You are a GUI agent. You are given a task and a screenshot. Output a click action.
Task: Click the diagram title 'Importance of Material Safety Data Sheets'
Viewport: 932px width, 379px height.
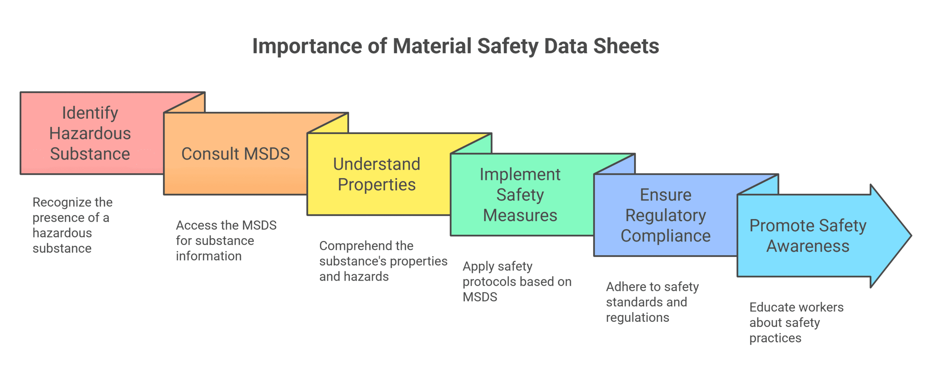click(455, 46)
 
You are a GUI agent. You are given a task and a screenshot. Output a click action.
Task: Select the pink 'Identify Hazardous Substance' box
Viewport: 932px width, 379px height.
click(90, 133)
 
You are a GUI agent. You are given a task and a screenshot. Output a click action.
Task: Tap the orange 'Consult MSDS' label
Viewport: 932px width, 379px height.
click(236, 154)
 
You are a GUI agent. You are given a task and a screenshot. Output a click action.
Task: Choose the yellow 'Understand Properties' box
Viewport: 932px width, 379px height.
click(376, 174)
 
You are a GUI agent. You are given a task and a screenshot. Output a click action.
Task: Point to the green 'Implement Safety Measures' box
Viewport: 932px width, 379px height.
click(520, 195)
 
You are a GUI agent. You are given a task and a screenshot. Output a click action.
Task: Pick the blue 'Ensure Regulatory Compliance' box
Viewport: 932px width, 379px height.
click(666, 215)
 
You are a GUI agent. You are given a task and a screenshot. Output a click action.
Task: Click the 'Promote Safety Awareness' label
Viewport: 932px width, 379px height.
click(807, 236)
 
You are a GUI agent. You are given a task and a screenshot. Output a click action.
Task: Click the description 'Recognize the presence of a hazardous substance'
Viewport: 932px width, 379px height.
click(72, 225)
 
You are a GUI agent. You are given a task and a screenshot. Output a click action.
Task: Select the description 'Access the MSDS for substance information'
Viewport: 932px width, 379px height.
click(226, 241)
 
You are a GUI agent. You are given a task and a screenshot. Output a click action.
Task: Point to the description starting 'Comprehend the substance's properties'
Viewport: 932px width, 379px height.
click(383, 261)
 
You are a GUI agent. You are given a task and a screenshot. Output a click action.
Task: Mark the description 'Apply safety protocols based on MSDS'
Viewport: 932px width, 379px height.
click(517, 281)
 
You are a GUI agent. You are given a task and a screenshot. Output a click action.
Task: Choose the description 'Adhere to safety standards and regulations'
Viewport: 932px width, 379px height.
click(652, 302)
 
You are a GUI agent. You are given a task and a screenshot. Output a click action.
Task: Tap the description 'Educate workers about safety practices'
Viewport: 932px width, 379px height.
click(796, 323)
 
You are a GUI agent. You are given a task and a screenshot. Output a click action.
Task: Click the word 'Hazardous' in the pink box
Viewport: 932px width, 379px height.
click(90, 133)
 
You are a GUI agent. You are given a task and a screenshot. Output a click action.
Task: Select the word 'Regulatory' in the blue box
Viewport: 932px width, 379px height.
click(666, 215)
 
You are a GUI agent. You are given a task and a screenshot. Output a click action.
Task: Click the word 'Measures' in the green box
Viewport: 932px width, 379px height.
click(520, 215)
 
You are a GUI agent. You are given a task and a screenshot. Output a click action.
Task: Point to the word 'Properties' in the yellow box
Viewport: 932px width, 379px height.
click(376, 185)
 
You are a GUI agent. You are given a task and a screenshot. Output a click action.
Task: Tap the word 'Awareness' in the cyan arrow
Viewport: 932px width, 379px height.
click(807, 246)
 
